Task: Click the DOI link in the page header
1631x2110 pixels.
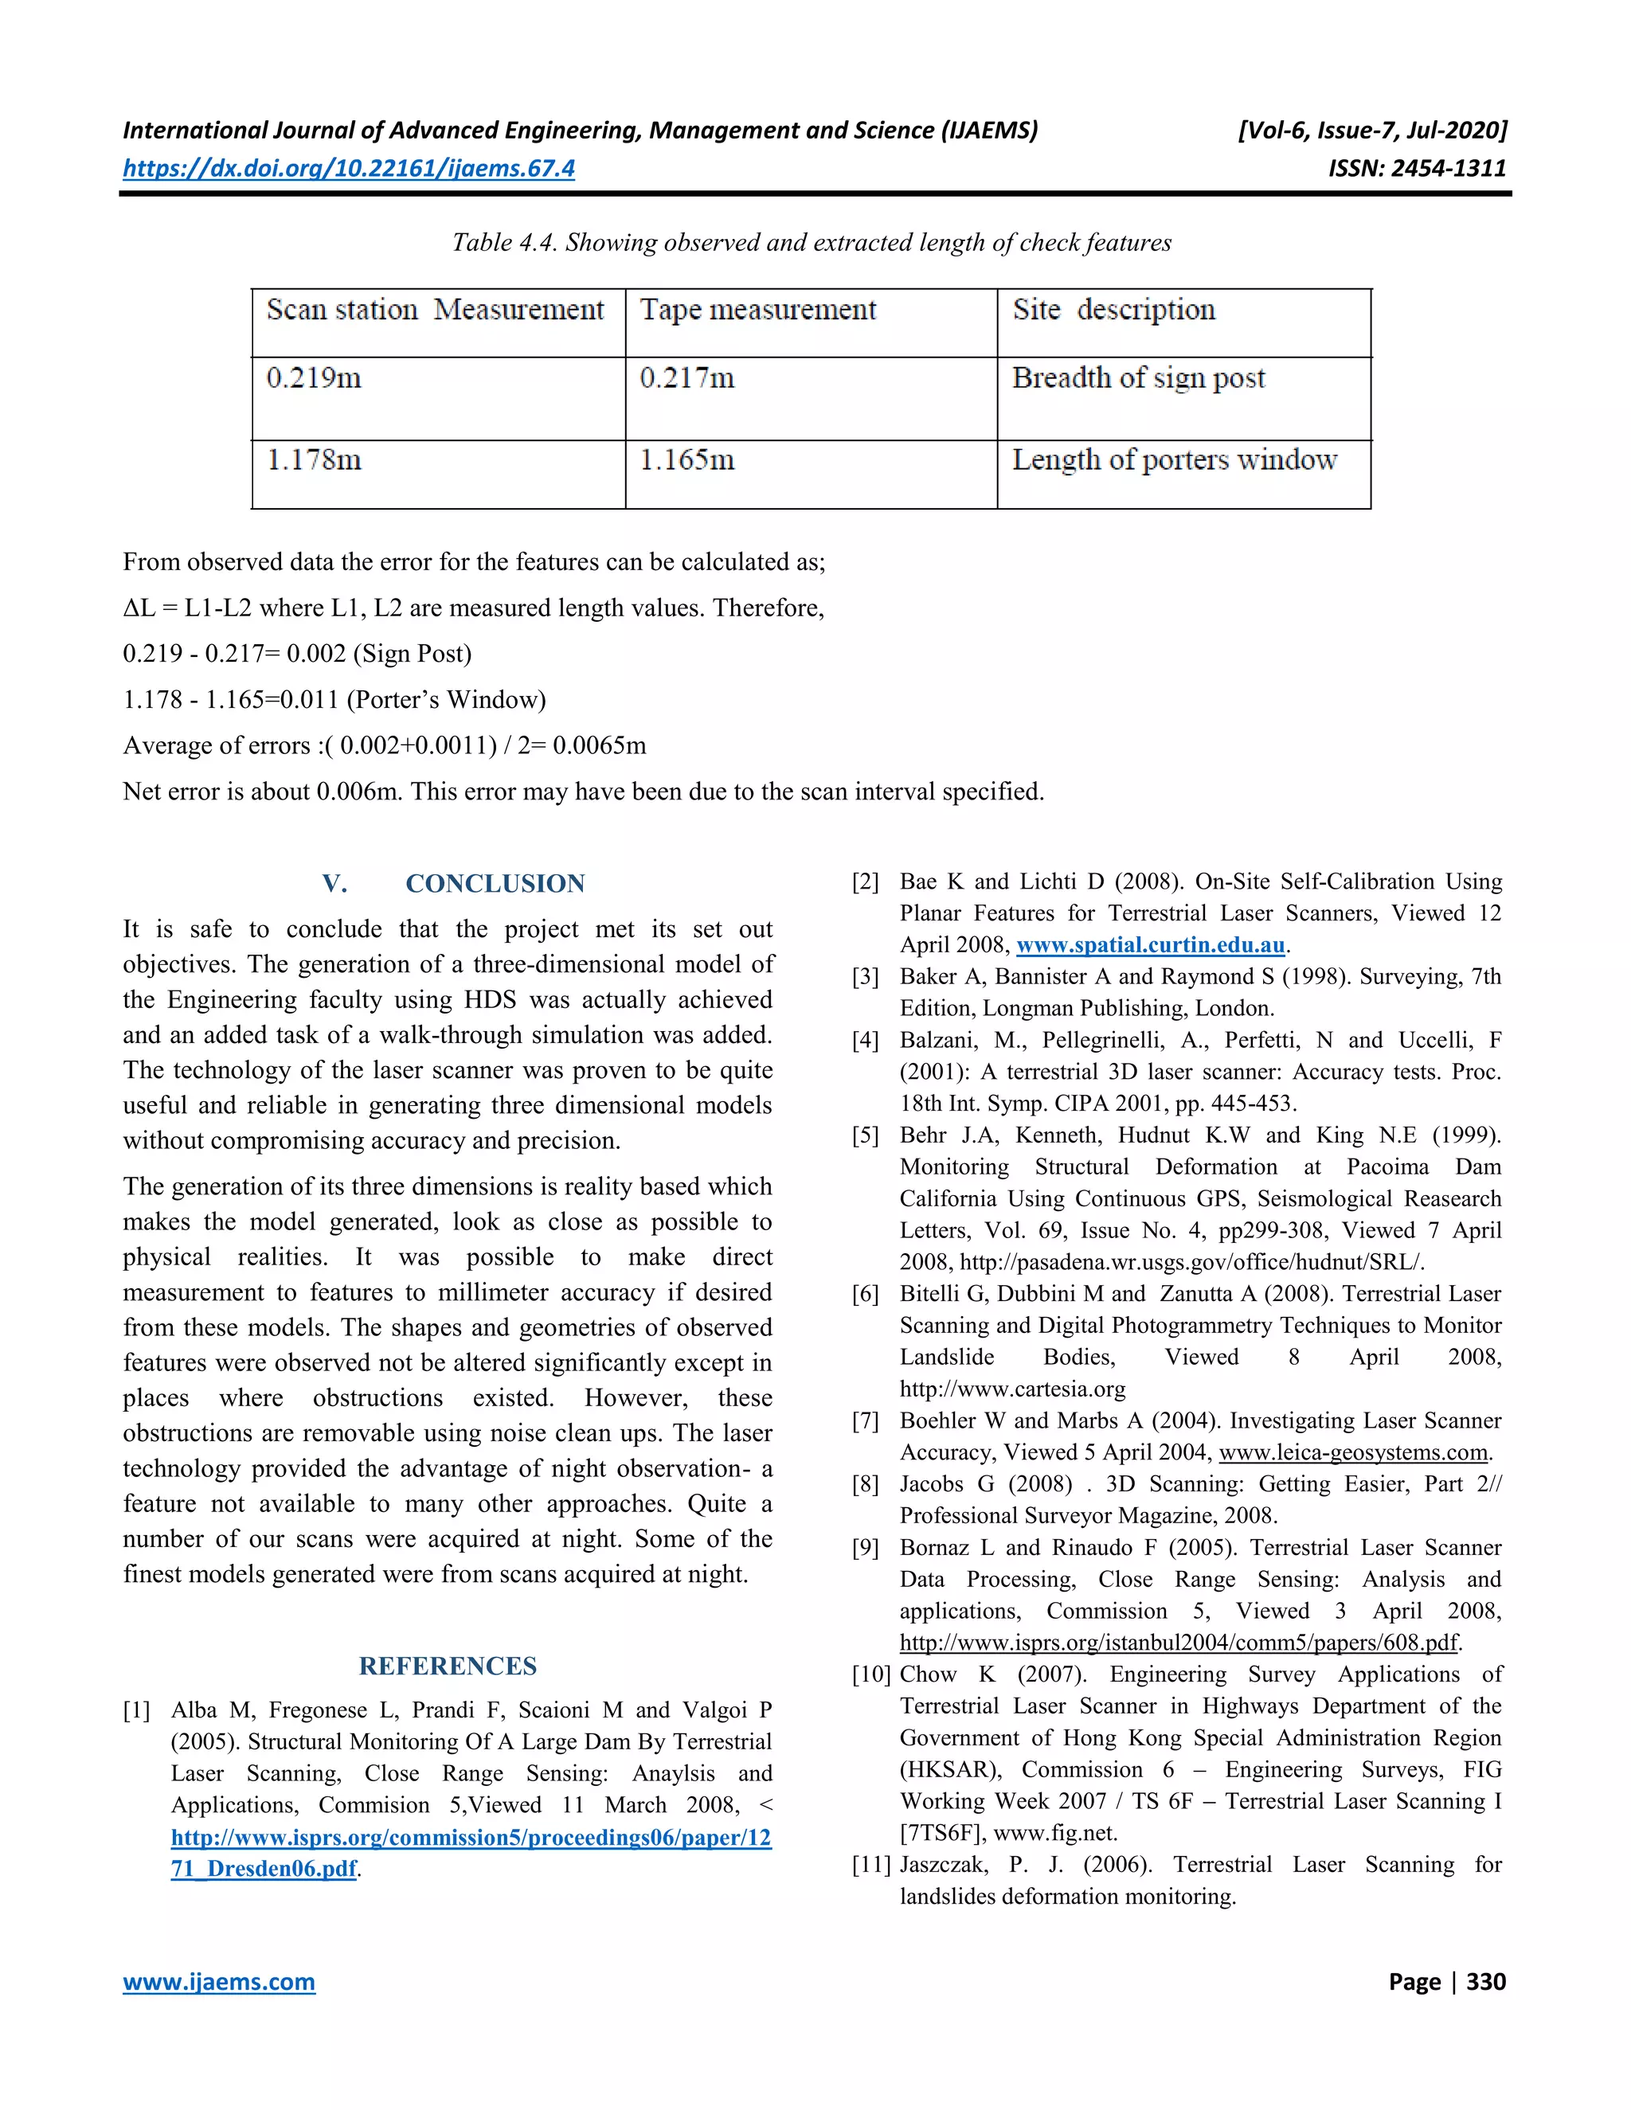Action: pyautogui.click(x=348, y=168)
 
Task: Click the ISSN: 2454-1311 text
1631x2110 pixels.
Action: pyautogui.click(x=1417, y=168)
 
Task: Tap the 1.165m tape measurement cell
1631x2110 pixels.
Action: pyautogui.click(x=687, y=460)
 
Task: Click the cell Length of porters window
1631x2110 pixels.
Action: pyautogui.click(x=1174, y=460)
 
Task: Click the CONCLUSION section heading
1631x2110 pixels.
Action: pyautogui.click(x=495, y=883)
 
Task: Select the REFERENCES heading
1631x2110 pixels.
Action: pyautogui.click(x=448, y=1666)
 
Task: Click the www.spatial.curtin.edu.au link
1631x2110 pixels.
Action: pyautogui.click(x=1150, y=945)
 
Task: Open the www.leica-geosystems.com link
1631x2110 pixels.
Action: pyautogui.click(x=1353, y=1452)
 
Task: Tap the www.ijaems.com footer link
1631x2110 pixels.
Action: pyautogui.click(x=218, y=1982)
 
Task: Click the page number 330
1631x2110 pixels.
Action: pyautogui.click(x=1485, y=1982)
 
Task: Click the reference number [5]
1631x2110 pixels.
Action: pyautogui.click(x=865, y=1135)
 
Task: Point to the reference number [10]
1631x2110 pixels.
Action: pyautogui.click(x=870, y=1674)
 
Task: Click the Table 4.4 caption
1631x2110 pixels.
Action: pyautogui.click(x=812, y=243)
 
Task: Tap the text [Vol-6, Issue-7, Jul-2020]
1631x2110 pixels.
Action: pyautogui.click(x=1372, y=131)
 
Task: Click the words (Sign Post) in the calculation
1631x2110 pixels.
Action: pyautogui.click(x=413, y=654)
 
